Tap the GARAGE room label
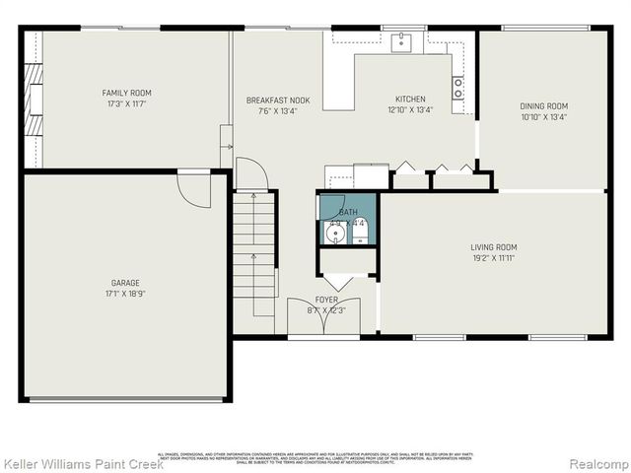coord(124,283)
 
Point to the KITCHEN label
coord(410,100)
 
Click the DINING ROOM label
coord(544,106)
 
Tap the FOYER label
coord(326,300)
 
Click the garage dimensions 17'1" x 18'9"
coord(124,294)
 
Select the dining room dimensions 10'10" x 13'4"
coord(544,117)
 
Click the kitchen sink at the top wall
coord(402,41)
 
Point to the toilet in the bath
coord(359,233)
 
